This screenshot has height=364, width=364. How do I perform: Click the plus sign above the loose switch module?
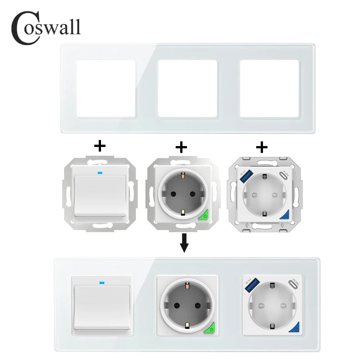(x=99, y=146)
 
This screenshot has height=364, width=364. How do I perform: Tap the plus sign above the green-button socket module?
(x=181, y=146)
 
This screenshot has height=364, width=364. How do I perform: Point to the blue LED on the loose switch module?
(x=99, y=172)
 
